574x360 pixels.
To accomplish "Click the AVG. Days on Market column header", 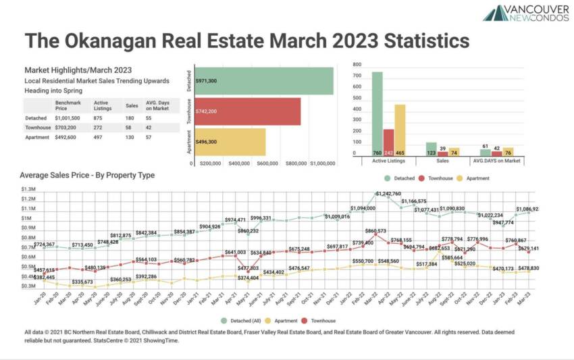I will pyautogui.click(x=159, y=105).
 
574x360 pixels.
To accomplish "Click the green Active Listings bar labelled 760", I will pyautogui.click(x=377, y=115).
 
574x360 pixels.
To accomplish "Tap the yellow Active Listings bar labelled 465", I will pyautogui.click(x=400, y=131).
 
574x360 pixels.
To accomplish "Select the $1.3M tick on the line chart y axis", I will pyautogui.click(x=29, y=189).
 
